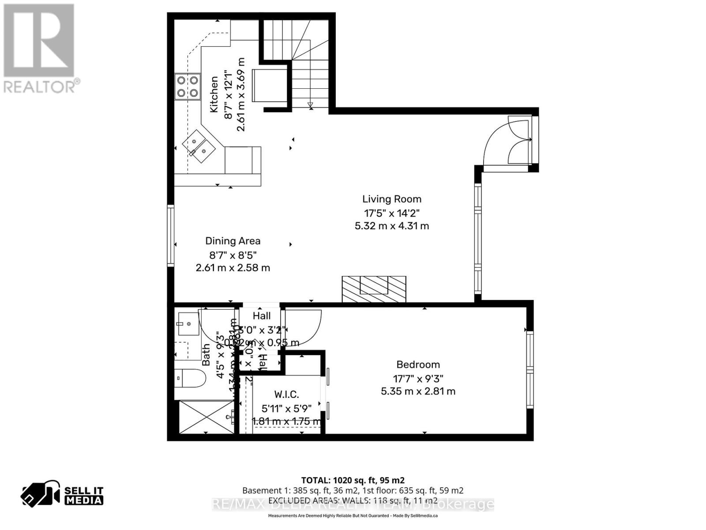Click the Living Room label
[x=392, y=199]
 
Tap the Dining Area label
[x=233, y=241]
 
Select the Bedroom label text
[x=418, y=365]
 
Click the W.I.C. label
[x=287, y=394]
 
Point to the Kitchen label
[x=214, y=95]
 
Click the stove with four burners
[x=187, y=87]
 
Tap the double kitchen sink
[x=199, y=146]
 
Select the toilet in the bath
[x=190, y=378]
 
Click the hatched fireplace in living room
[x=374, y=289]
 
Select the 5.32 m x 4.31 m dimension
[x=392, y=226]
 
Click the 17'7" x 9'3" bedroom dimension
[x=418, y=379]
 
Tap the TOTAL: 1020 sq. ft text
[x=353, y=480]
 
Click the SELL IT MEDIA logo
[x=63, y=496]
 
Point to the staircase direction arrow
[x=310, y=105]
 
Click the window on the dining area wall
[x=170, y=235]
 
